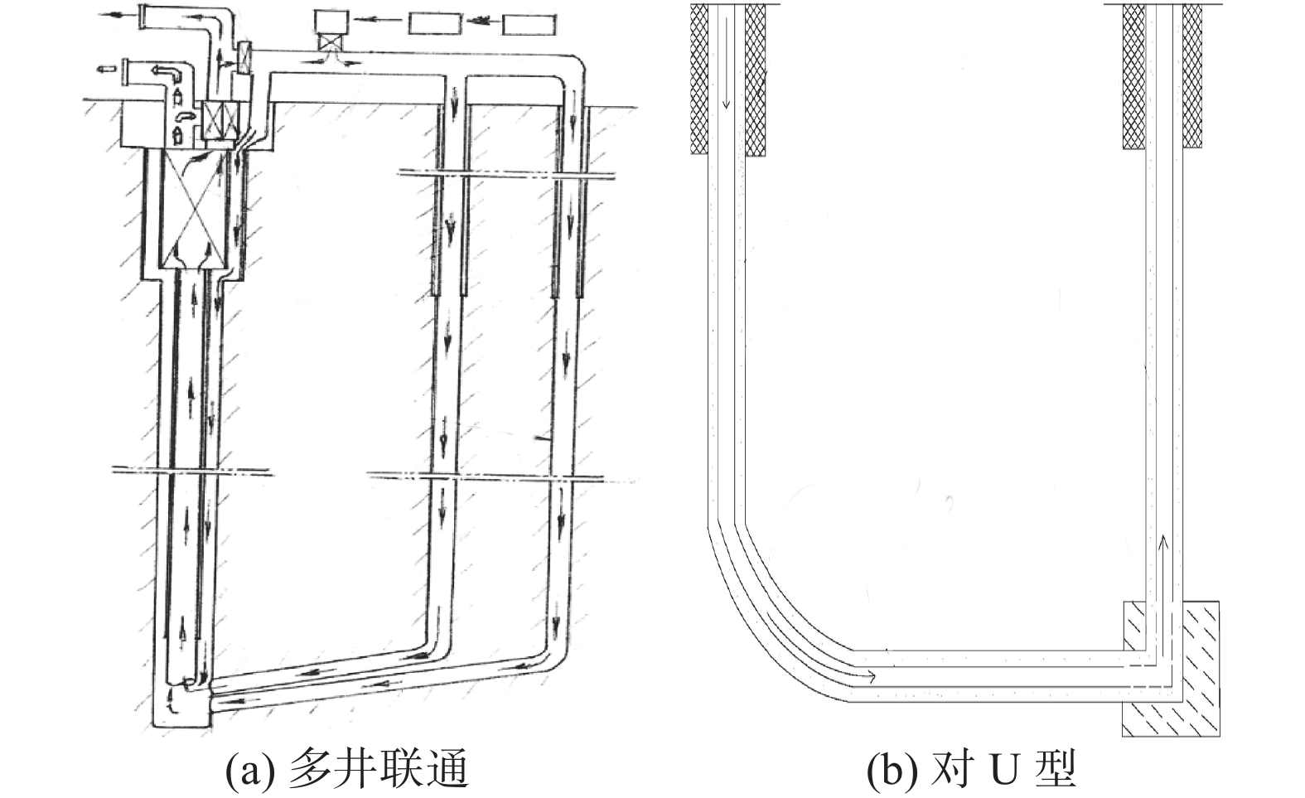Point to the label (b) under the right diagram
892,770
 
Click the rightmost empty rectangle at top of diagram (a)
529,25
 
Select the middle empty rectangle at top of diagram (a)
435,24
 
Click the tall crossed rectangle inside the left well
191,209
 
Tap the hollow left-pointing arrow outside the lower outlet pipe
105,69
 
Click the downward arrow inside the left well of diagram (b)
726,63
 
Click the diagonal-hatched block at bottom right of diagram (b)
1171,669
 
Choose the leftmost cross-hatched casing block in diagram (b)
699,80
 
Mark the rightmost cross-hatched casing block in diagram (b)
1192,75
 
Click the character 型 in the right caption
1055,770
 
